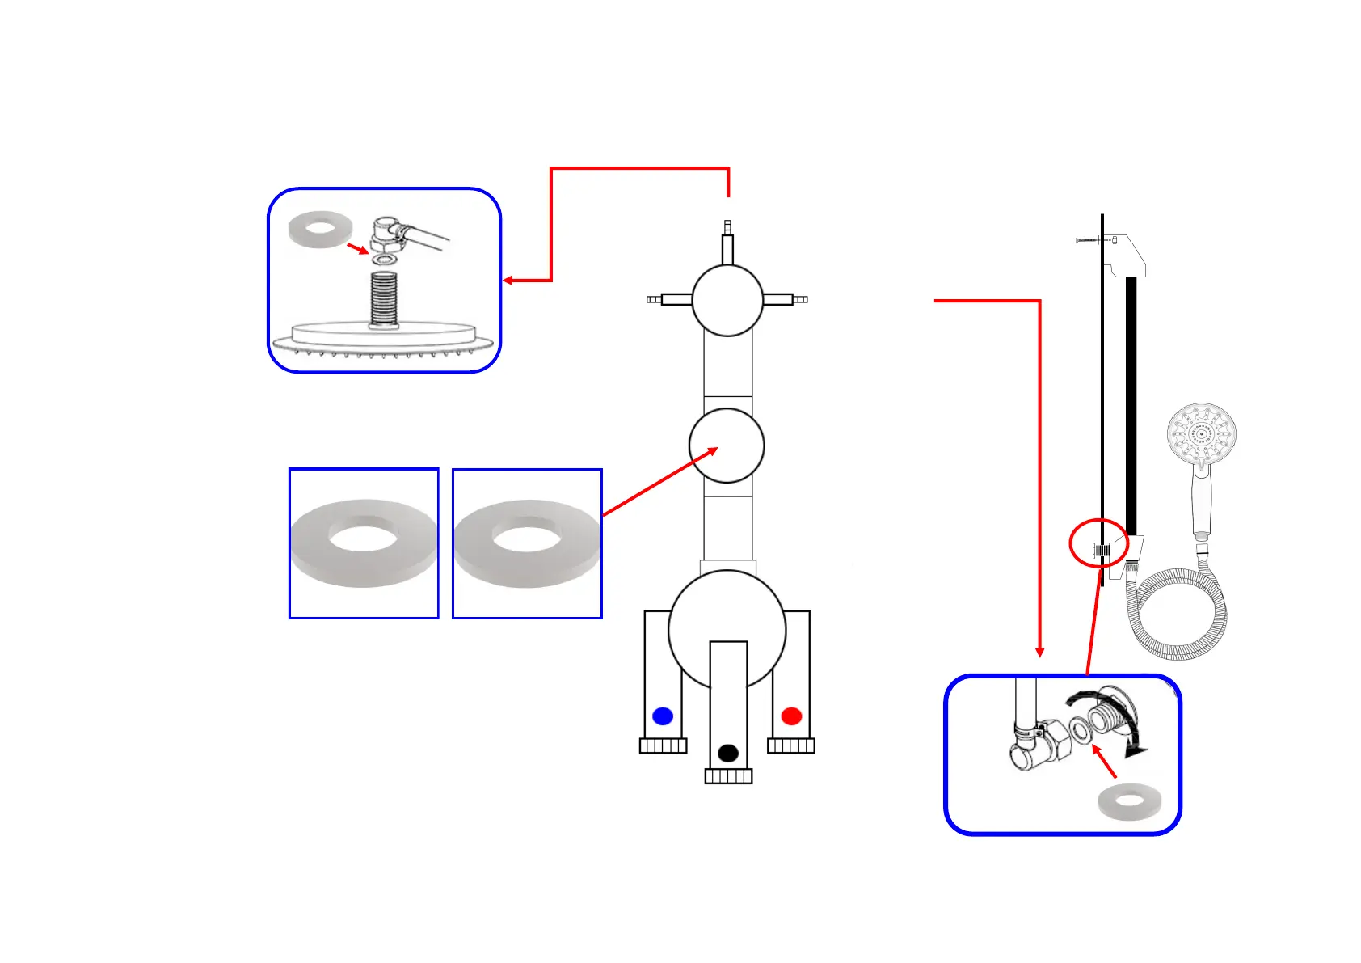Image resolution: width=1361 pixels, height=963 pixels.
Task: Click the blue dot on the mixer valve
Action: [663, 716]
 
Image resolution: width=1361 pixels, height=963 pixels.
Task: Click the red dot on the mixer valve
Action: [791, 716]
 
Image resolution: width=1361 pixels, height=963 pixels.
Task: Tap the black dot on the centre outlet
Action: [728, 754]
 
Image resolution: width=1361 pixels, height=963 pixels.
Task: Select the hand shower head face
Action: [1202, 433]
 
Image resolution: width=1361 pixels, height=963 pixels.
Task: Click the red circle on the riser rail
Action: [1099, 543]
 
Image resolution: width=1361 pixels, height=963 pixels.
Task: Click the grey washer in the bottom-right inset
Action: [1129, 802]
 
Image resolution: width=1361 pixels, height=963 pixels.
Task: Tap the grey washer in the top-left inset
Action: [320, 230]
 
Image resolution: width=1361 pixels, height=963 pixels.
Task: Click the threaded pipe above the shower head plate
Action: [384, 298]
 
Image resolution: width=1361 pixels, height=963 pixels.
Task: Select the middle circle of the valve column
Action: [727, 446]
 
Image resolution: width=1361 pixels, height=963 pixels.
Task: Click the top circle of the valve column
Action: [727, 300]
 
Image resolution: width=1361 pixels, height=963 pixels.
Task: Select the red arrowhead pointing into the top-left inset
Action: [508, 281]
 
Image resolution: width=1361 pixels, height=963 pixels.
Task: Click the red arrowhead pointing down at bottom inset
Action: [1040, 653]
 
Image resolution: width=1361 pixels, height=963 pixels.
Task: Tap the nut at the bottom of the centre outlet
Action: [728, 777]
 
